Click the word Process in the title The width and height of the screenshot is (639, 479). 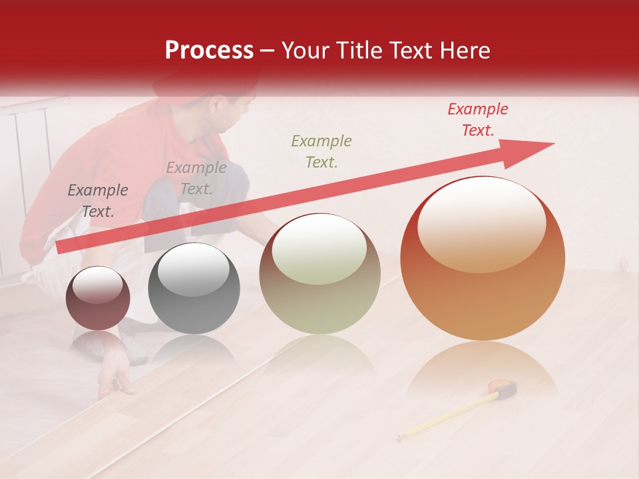coord(209,51)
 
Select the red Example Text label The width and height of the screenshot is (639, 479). coord(477,120)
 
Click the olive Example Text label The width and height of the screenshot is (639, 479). coord(321,152)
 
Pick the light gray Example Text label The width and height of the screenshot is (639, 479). coord(196,178)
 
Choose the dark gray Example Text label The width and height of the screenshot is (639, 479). coord(98,201)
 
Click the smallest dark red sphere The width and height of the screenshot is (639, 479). coord(98,298)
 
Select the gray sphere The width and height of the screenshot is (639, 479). coord(194,288)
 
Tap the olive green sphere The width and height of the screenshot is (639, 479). coord(320,273)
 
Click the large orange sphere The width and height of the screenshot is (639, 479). coord(483,258)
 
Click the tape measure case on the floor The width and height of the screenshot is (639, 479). coord(503,388)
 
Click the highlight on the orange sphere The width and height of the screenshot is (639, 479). coord(481,224)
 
